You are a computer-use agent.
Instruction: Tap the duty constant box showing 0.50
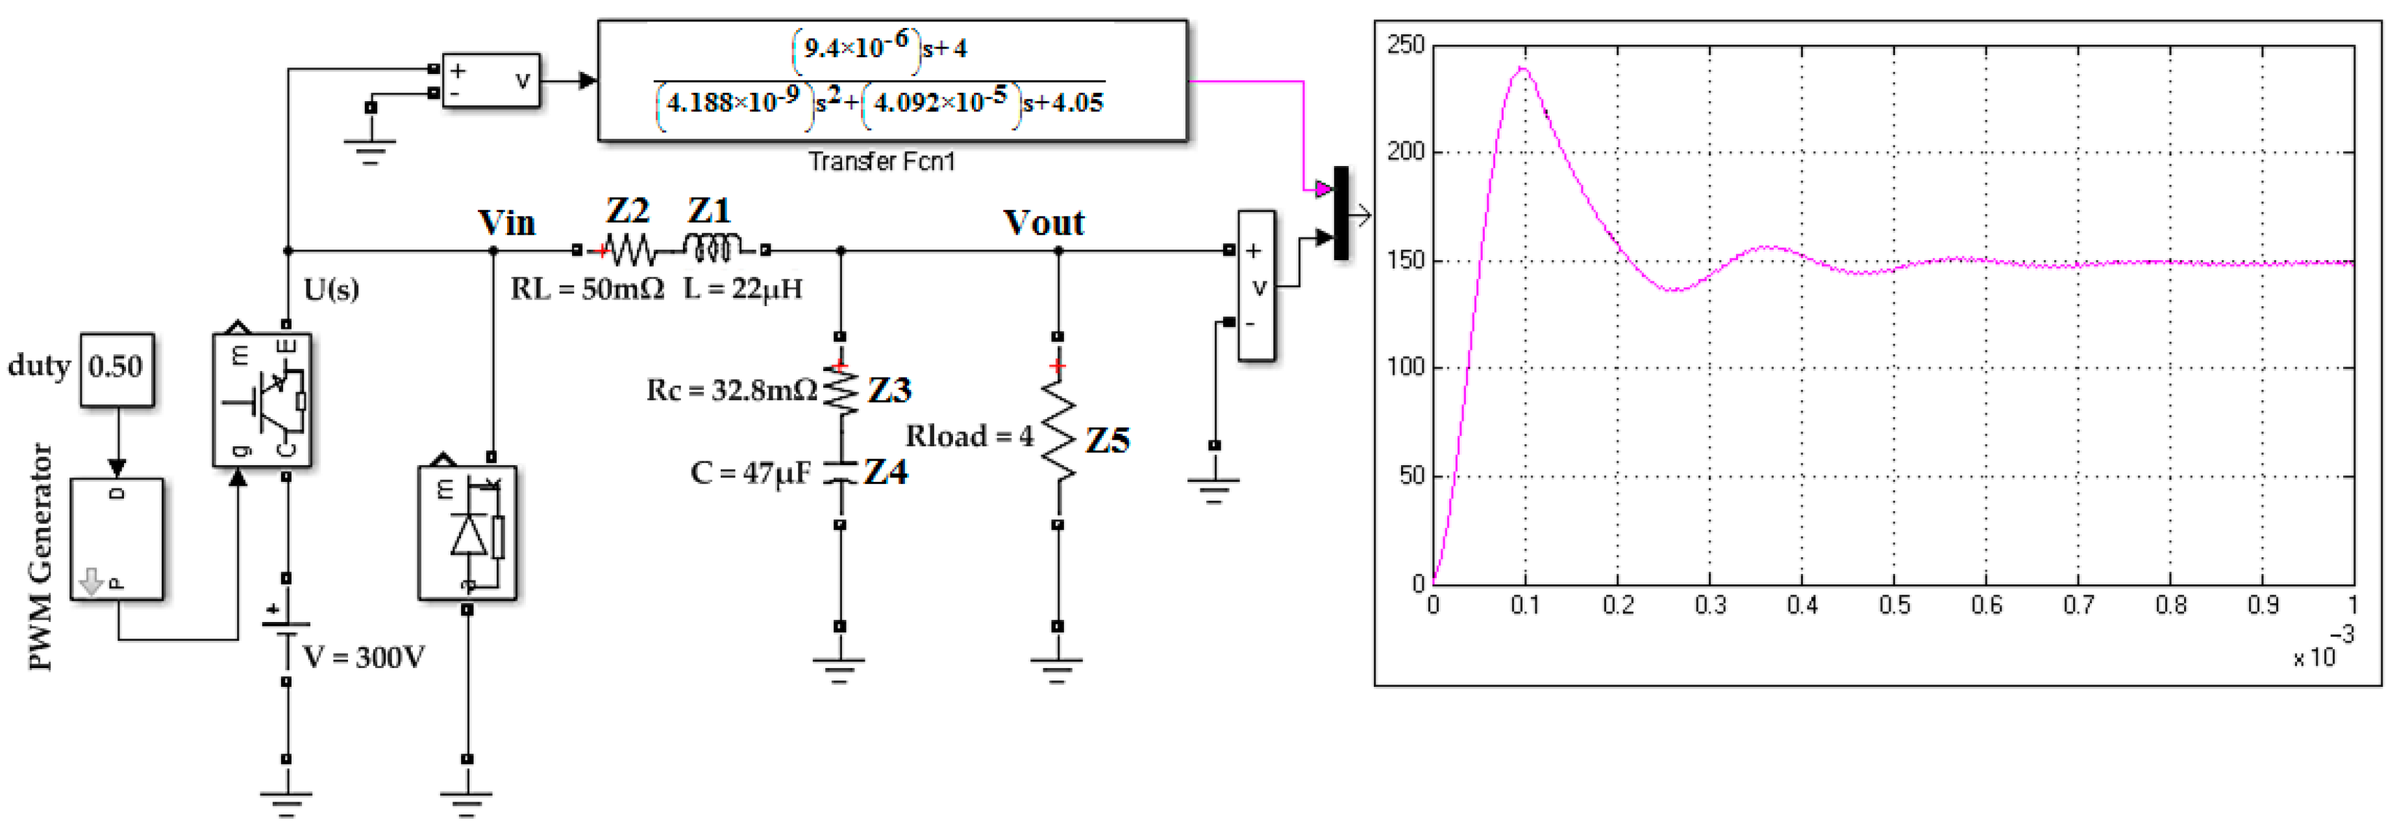coord(116,368)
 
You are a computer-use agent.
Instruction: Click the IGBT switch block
coord(262,400)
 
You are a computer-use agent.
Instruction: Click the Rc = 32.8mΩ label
coord(732,390)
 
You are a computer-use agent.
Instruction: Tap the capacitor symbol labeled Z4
coord(840,472)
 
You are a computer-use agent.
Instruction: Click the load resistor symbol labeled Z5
coord(1058,437)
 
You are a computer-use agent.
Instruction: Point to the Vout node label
coord(1043,223)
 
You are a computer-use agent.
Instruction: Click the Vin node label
coord(506,223)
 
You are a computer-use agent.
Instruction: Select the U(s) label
coord(331,290)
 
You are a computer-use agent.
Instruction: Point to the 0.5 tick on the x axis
coord(1894,606)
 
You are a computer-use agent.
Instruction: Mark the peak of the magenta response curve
coord(1523,68)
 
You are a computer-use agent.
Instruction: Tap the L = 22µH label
coord(743,289)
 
